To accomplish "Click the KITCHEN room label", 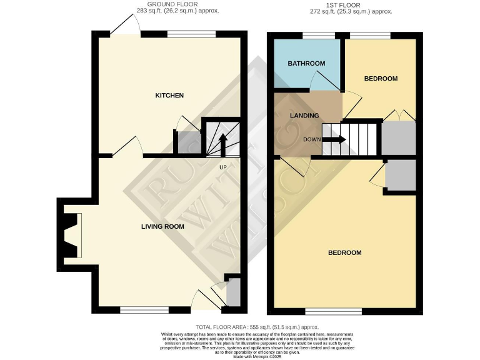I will (169, 96).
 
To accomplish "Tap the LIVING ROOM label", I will (162, 226).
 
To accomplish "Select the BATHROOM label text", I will (306, 64).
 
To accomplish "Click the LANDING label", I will (304, 116).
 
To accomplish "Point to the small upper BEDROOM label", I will (381, 79).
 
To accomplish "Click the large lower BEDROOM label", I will (345, 252).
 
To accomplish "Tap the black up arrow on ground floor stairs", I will (223, 144).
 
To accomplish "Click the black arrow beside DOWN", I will (334, 140).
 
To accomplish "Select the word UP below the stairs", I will (222, 167).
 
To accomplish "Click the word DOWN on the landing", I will (312, 140).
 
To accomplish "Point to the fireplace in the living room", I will (71, 235).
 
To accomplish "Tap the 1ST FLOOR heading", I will (343, 4).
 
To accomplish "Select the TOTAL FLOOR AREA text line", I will (257, 327).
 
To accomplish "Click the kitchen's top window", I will (191, 35).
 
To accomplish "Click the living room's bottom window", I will (144, 309).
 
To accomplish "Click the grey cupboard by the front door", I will (233, 292).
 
